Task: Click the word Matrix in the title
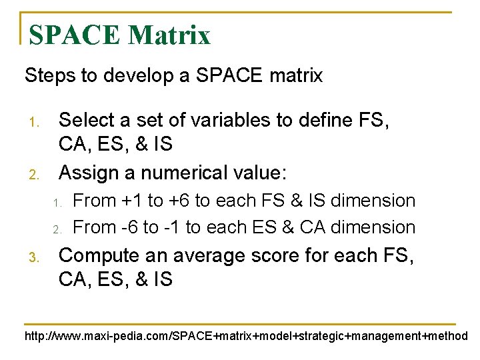(x=169, y=35)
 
